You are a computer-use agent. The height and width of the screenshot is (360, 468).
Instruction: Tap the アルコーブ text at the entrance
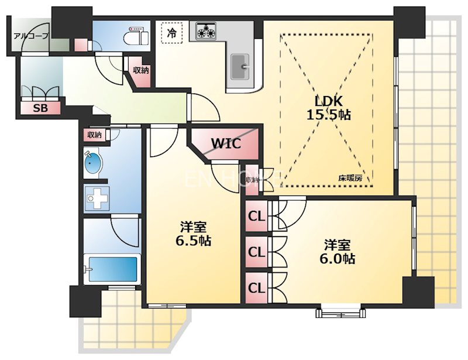[30, 36]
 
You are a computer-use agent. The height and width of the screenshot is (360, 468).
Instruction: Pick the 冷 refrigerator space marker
[171, 32]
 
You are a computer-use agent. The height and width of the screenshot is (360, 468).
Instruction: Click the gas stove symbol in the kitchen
[206, 30]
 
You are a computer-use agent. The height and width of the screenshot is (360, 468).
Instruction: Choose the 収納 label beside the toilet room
[140, 70]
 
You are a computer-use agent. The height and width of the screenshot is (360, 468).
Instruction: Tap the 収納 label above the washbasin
[94, 135]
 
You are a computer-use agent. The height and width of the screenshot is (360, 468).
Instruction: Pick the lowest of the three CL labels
[256, 287]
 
